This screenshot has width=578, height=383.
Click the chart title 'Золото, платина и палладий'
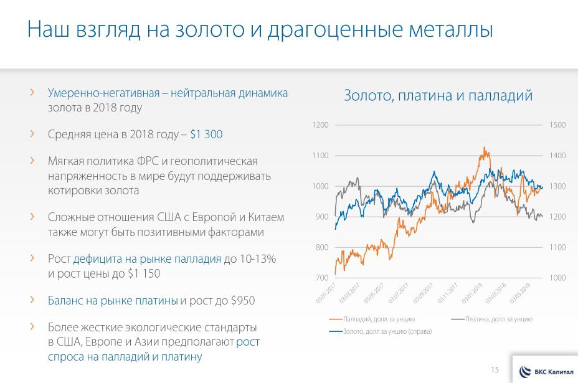(x=438, y=95)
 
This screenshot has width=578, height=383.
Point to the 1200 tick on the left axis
(x=320, y=125)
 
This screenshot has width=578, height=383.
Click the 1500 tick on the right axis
(x=557, y=125)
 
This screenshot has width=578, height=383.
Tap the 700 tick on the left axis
(x=321, y=278)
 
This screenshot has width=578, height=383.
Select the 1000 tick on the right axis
(x=557, y=278)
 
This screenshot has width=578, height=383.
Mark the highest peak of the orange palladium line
(x=485, y=148)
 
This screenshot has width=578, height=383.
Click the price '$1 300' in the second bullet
(x=206, y=135)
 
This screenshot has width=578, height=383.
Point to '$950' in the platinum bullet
(x=242, y=300)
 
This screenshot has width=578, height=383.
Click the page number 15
(x=495, y=370)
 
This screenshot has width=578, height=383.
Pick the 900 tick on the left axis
(x=321, y=217)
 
